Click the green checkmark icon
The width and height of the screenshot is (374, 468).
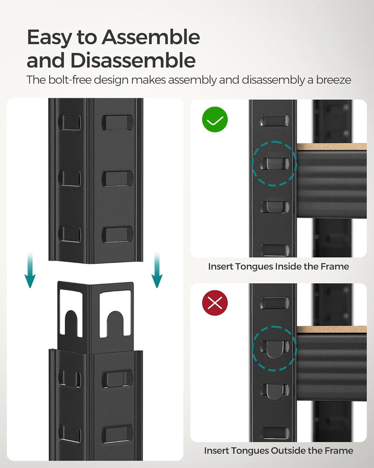pos(215,121)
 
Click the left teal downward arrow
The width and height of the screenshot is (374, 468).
pos(30,270)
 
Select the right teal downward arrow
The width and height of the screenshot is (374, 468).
pos(156,270)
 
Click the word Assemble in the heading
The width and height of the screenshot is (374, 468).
pos(151,37)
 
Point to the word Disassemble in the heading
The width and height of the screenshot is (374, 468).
pos(133,60)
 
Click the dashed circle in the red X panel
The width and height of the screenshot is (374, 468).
pos(274,347)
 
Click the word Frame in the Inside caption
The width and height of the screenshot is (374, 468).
pos(336,266)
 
